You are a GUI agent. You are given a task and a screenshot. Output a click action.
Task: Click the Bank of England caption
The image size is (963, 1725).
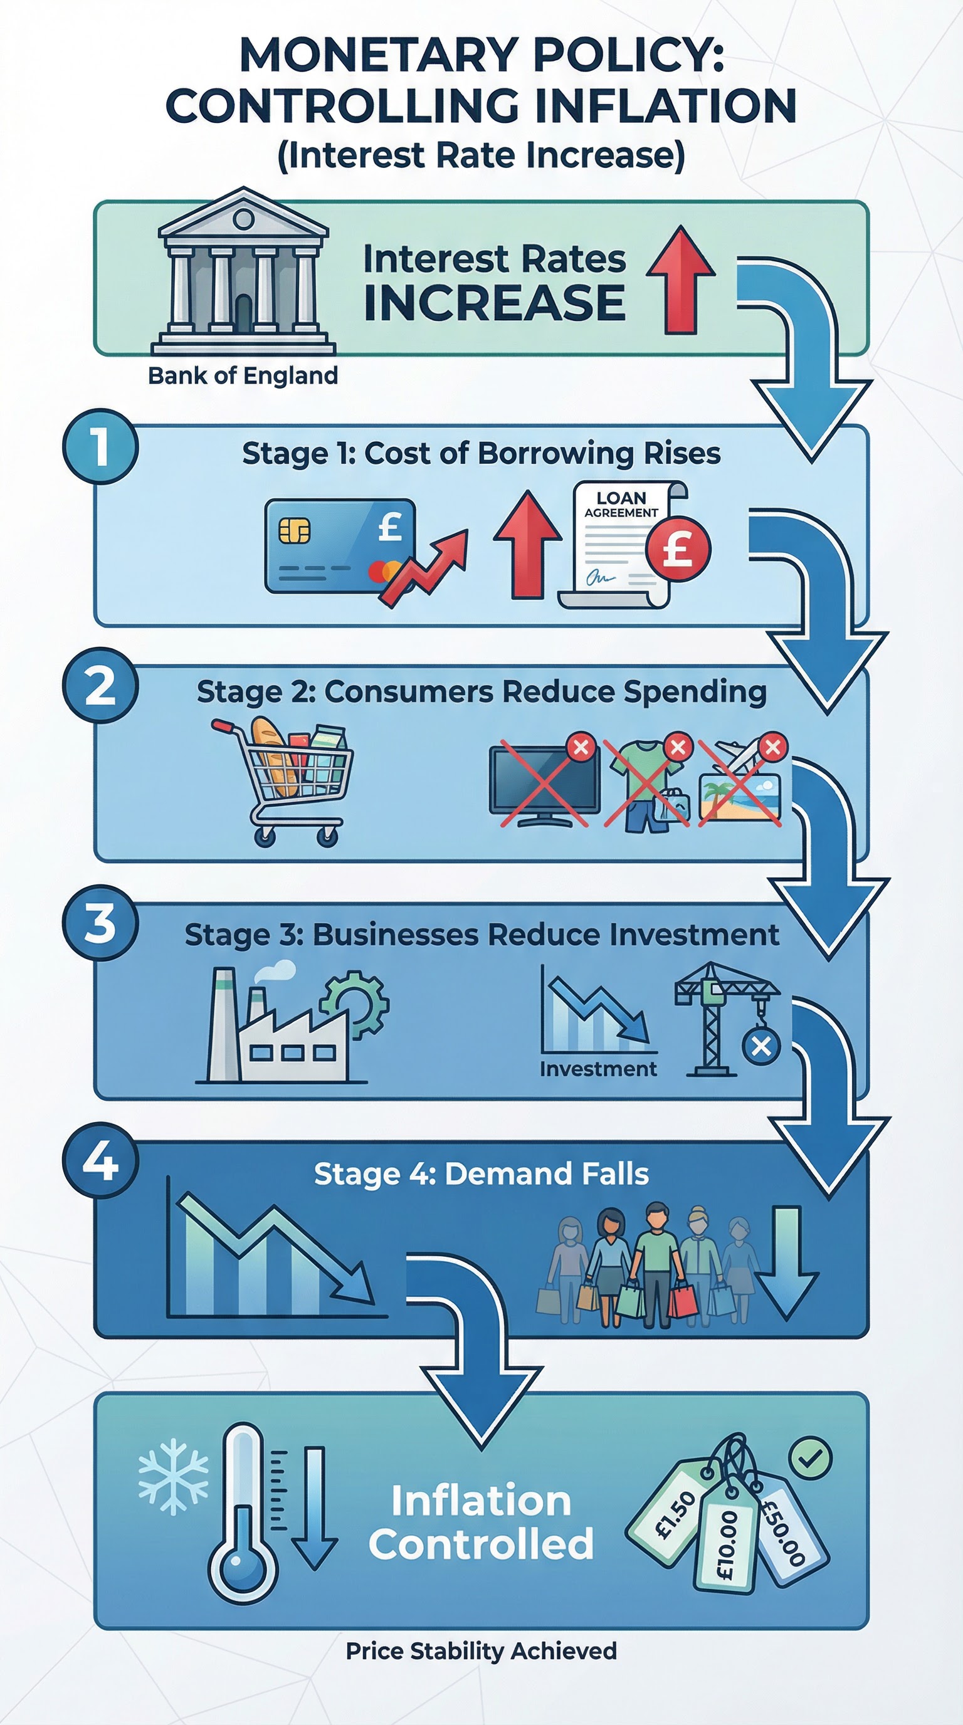pyautogui.click(x=243, y=375)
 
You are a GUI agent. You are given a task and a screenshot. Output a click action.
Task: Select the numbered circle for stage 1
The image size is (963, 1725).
pyautogui.click(x=100, y=447)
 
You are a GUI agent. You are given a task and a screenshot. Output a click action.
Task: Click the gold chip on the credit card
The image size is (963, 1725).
pyautogui.click(x=295, y=531)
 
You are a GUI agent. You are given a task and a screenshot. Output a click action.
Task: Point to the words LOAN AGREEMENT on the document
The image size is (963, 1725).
pyautogui.click(x=621, y=504)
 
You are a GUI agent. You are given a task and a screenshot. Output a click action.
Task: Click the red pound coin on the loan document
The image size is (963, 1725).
pyautogui.click(x=677, y=549)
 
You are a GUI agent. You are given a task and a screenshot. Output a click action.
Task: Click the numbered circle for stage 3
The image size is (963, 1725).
pyautogui.click(x=100, y=923)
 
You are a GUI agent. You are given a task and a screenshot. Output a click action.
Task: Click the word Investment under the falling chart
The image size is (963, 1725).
pyautogui.click(x=598, y=1069)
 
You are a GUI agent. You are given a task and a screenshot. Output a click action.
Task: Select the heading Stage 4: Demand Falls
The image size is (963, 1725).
pyautogui.click(x=481, y=1174)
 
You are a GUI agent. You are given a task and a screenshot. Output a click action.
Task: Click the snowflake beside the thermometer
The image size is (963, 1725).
pyautogui.click(x=173, y=1477)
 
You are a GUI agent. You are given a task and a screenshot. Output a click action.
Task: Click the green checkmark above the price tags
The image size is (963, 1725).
pyautogui.click(x=810, y=1457)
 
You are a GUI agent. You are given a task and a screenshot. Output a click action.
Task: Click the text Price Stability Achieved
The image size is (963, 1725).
pyautogui.click(x=481, y=1650)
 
